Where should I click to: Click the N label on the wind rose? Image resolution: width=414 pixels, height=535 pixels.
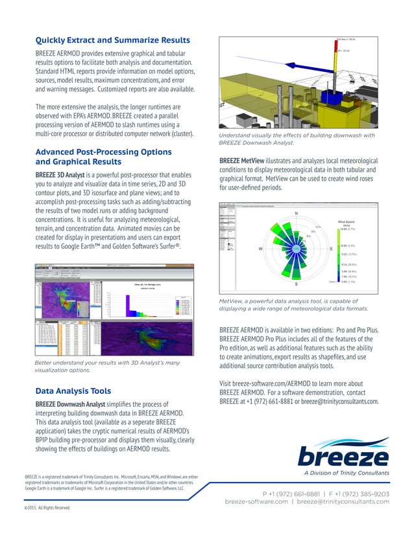coord(296,214)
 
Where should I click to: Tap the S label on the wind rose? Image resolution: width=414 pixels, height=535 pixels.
coord(296,284)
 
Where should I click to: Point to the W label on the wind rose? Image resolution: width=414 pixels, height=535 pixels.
coord(260,249)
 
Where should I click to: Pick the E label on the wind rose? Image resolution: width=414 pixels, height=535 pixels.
coord(332,249)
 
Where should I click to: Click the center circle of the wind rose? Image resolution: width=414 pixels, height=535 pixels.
coord(296,249)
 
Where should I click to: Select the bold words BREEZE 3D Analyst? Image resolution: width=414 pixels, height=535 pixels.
coord(66,176)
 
